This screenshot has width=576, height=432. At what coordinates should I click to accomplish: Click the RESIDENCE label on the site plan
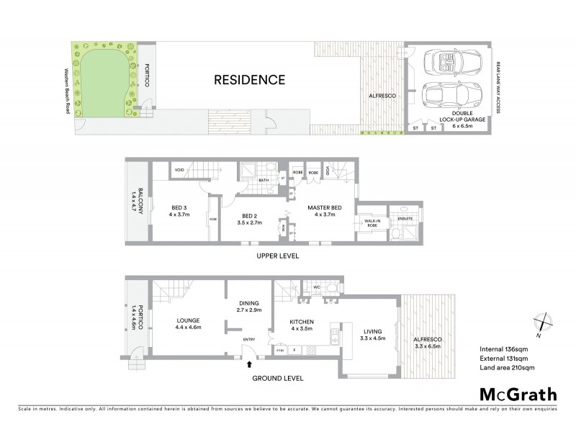250,80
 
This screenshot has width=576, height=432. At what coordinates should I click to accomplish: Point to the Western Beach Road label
68,90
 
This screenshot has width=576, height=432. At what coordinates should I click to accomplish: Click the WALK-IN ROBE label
372,223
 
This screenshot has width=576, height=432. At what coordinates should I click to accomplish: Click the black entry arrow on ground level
249,366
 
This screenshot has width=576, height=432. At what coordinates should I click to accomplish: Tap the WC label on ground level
316,287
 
